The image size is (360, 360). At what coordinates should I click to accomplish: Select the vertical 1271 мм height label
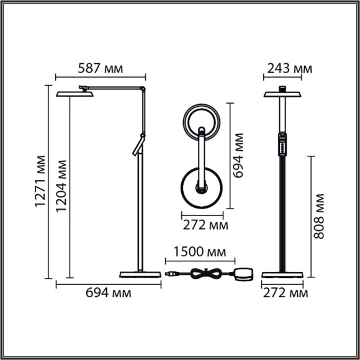tap(40, 182)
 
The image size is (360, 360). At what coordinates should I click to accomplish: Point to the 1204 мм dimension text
tap(60, 182)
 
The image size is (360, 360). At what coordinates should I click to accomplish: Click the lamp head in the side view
tap(74, 93)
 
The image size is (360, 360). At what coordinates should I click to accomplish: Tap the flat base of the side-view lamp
tap(140, 274)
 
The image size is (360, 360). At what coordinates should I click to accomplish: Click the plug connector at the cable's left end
tap(169, 273)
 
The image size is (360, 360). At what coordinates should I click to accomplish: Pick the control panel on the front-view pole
tap(282, 144)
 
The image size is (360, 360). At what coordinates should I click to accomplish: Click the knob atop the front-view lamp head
tap(282, 88)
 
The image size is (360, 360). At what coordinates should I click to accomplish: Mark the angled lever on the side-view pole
tap(138, 147)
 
